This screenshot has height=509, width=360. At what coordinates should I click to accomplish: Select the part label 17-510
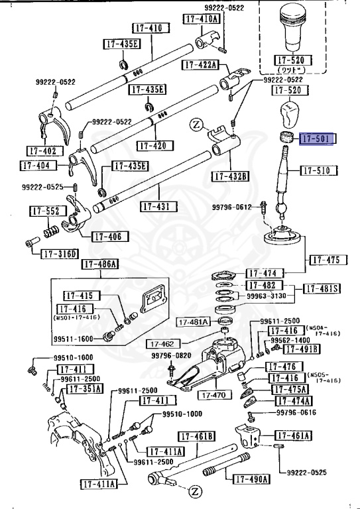click(x=319, y=170)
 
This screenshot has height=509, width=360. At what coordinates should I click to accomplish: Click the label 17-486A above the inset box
click(x=99, y=265)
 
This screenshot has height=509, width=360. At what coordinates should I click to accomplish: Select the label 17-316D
click(x=60, y=254)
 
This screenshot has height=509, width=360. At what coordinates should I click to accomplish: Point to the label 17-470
click(x=213, y=395)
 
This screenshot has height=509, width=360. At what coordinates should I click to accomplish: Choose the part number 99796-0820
click(x=171, y=355)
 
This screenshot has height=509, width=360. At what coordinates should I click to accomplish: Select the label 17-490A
click(x=251, y=479)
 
